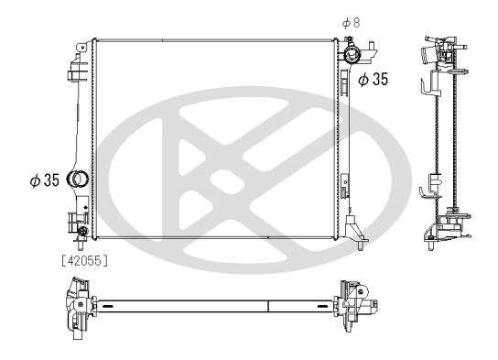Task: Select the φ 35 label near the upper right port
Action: [373, 80]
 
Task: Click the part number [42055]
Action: [85, 260]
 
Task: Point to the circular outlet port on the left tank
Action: [79, 180]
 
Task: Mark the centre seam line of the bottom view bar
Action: [267, 306]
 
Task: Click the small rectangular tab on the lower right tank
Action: [346, 190]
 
